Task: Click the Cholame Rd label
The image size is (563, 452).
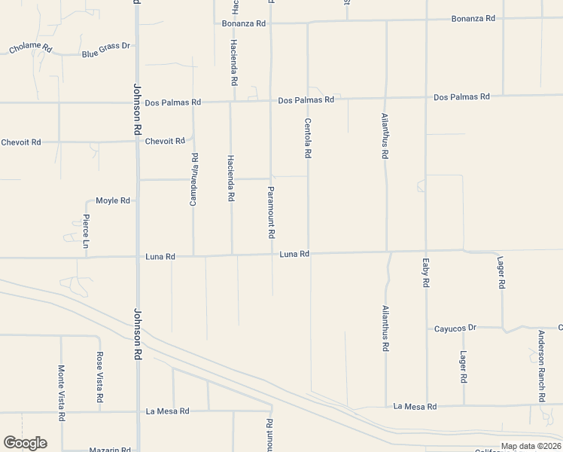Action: (x=30, y=49)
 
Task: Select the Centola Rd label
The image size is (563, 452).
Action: (x=308, y=138)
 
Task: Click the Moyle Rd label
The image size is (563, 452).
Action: (x=113, y=201)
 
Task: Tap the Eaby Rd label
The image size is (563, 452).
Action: (x=426, y=273)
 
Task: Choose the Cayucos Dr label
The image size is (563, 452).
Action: (x=456, y=328)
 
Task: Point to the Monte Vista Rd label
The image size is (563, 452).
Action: (x=61, y=392)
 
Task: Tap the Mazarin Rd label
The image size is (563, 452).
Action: (x=110, y=450)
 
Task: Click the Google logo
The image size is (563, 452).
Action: (x=25, y=443)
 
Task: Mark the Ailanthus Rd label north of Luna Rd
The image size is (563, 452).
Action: (x=385, y=136)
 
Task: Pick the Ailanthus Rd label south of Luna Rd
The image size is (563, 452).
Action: (x=385, y=329)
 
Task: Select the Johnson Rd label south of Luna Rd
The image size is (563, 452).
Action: (x=138, y=333)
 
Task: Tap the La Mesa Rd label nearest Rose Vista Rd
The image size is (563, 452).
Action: (x=168, y=411)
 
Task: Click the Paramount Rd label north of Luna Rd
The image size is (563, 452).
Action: (x=271, y=212)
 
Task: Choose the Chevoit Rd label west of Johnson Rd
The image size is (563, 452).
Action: (x=20, y=142)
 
